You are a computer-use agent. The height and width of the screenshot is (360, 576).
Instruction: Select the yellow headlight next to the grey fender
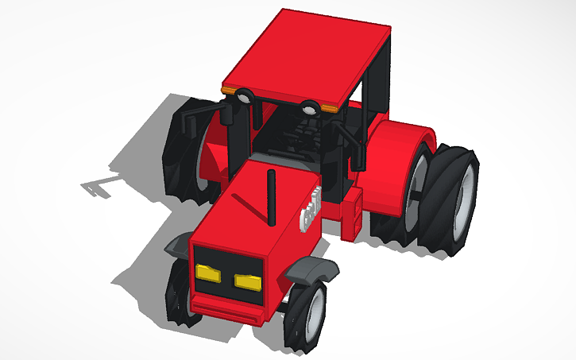(x=208, y=273)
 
